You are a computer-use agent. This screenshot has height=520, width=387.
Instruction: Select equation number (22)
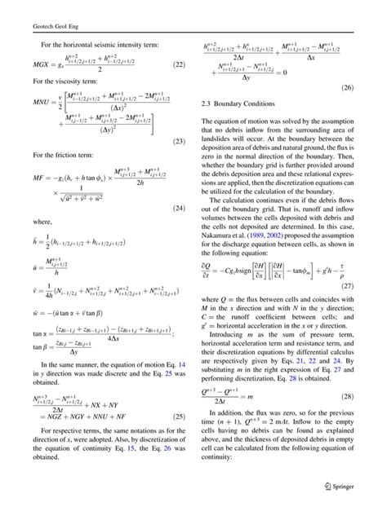pyautogui.click(x=181, y=62)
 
